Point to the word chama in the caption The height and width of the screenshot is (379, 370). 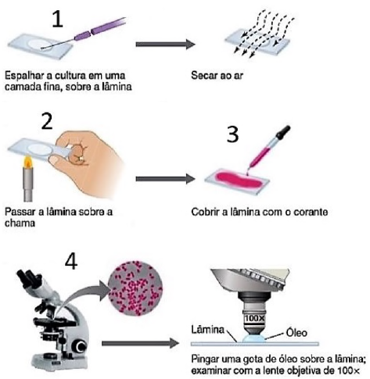pyautogui.click(x=20, y=222)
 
